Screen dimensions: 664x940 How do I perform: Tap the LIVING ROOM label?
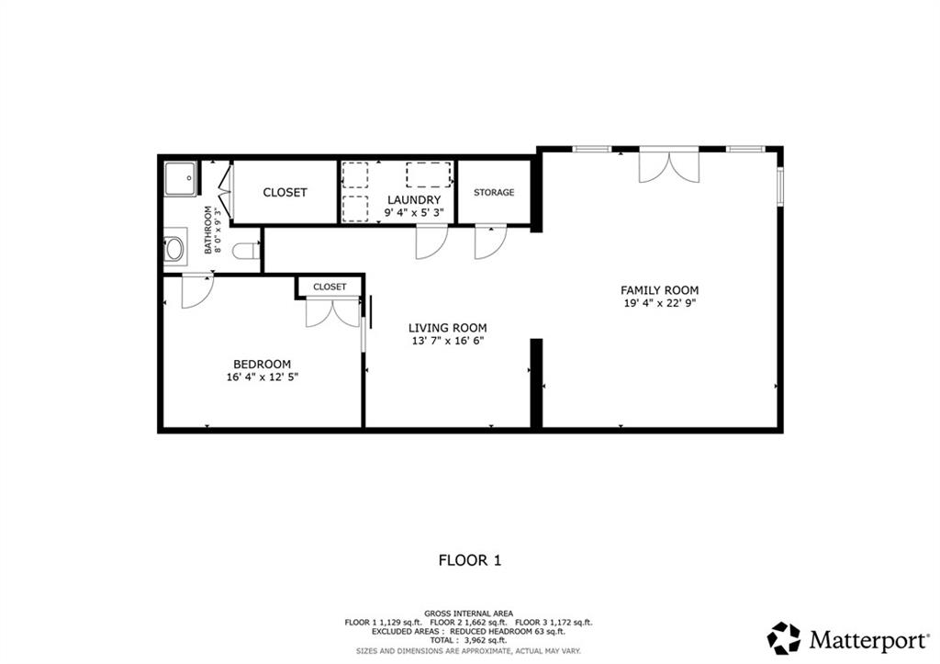(447, 328)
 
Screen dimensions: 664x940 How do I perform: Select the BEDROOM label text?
(262, 364)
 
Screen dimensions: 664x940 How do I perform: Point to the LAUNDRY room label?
(413, 199)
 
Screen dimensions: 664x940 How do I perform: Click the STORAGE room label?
(494, 192)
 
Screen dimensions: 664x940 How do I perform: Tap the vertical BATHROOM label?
(208, 230)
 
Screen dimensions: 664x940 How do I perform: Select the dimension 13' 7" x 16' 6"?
(447, 341)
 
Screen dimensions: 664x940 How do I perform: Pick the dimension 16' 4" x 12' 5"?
(262, 377)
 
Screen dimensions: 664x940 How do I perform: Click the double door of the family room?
(669, 165)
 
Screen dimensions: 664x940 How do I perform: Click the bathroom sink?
(174, 249)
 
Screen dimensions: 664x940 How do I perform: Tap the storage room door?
(489, 242)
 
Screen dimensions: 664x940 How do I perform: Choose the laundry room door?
(431, 242)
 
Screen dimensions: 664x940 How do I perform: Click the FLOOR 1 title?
(469, 559)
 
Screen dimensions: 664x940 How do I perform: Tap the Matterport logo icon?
(783, 637)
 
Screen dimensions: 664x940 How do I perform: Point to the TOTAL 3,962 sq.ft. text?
(469, 640)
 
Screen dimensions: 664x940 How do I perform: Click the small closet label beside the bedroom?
(330, 287)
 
